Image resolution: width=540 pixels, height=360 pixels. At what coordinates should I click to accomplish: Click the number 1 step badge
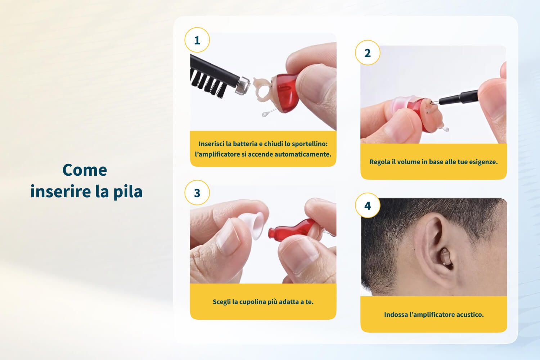pos(197,40)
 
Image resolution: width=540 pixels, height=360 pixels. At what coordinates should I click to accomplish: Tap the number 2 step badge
pos(368,53)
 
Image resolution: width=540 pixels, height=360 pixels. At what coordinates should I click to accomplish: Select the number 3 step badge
pos(197,193)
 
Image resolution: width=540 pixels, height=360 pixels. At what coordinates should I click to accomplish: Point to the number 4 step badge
pos(368,206)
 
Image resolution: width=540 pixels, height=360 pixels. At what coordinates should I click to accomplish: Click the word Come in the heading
pos(85,170)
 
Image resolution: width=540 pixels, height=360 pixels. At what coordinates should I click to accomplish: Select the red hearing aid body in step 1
pos(286,93)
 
